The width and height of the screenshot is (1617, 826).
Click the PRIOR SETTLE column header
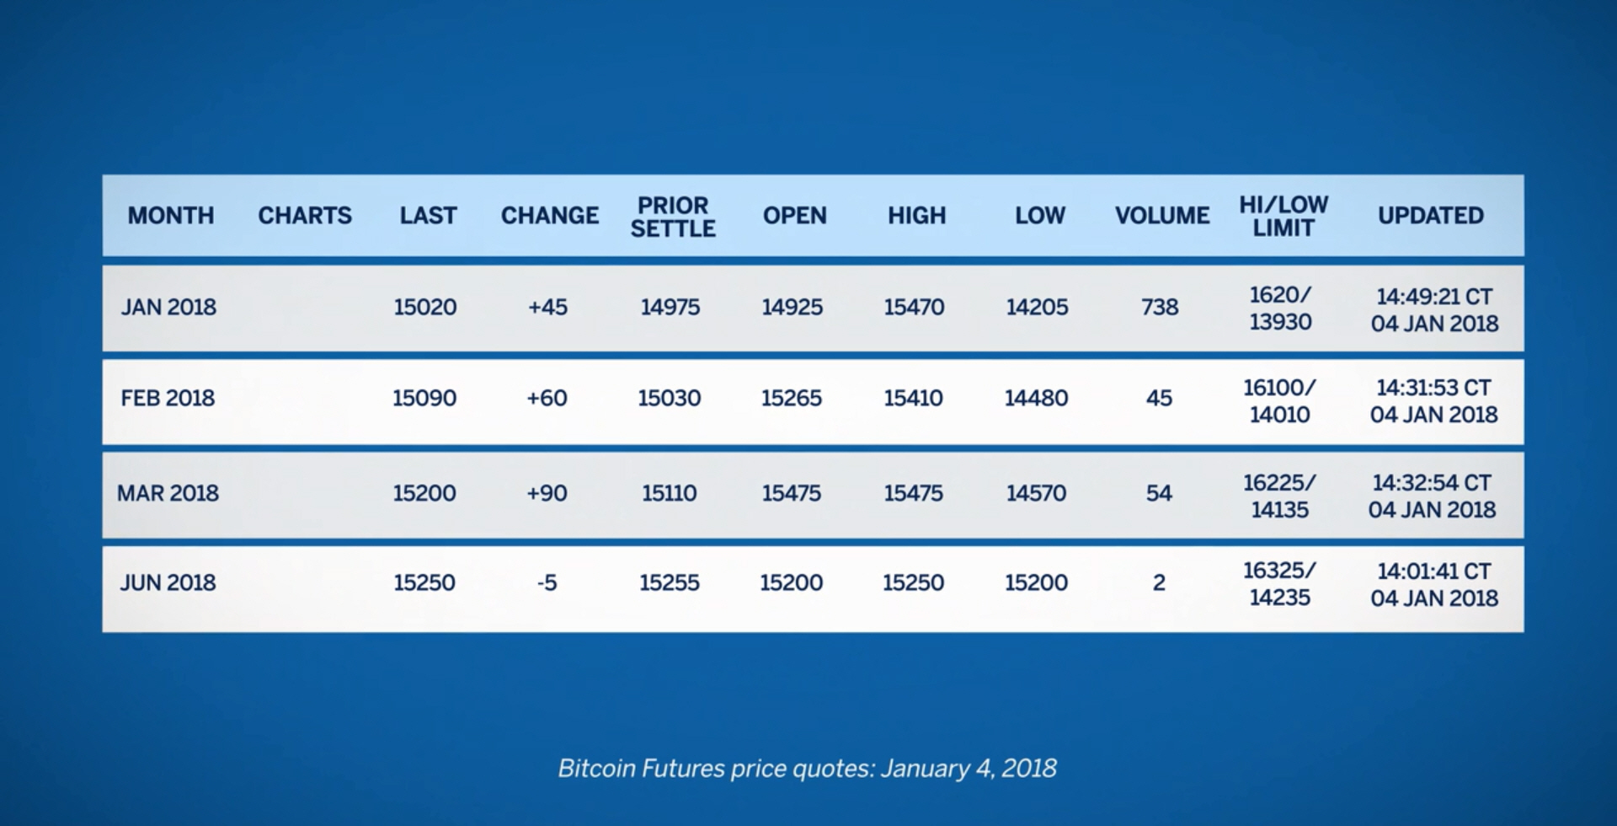point(673,217)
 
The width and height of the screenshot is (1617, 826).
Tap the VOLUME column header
point(1162,216)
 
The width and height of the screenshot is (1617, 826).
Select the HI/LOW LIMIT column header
point(1283,216)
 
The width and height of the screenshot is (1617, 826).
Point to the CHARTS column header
point(305,216)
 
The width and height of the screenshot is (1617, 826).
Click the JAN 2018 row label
point(168,307)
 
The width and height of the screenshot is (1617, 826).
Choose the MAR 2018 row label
point(168,493)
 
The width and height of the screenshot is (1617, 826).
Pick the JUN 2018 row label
point(168,582)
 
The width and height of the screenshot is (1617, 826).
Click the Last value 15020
point(425,307)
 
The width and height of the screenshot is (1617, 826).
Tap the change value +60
point(547,398)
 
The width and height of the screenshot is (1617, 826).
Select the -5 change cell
point(547,582)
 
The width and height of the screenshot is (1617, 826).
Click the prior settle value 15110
point(670,493)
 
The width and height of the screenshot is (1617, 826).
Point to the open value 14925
point(792,307)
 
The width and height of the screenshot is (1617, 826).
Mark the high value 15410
point(913,398)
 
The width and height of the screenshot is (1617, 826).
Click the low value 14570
point(1036,493)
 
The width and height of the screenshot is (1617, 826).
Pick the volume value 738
point(1160,307)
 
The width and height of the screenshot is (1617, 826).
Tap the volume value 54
point(1159,493)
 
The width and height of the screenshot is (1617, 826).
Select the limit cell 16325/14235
point(1279,583)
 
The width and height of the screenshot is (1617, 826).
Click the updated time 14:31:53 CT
point(1433,388)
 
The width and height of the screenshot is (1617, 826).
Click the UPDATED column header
point(1431,216)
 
